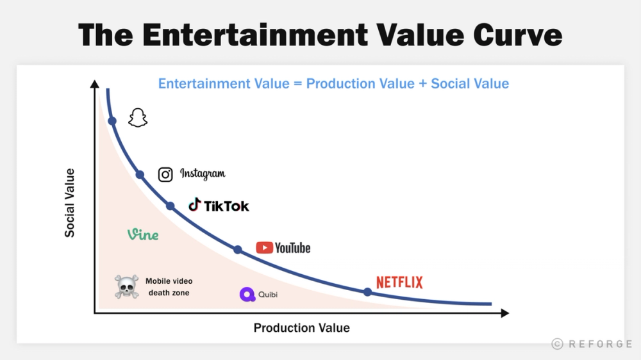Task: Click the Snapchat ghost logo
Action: pos(137,118)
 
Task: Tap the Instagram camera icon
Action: pos(165,174)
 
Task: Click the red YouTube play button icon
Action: pos(264,248)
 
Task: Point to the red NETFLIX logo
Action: pos(399,282)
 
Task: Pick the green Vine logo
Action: pos(143,234)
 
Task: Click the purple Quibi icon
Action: pos(247,295)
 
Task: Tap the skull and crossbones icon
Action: pos(126,287)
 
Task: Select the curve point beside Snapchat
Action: pos(112,121)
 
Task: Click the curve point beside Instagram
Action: pos(140,174)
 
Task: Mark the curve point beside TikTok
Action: pos(171,206)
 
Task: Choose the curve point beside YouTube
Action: pos(238,250)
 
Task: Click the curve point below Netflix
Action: pos(367,292)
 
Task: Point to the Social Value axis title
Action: pos(69,203)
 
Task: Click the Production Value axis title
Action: pos(301,328)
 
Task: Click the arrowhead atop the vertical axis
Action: pos(95,84)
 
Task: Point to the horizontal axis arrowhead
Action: pos(504,313)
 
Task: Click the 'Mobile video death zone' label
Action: pos(169,287)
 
